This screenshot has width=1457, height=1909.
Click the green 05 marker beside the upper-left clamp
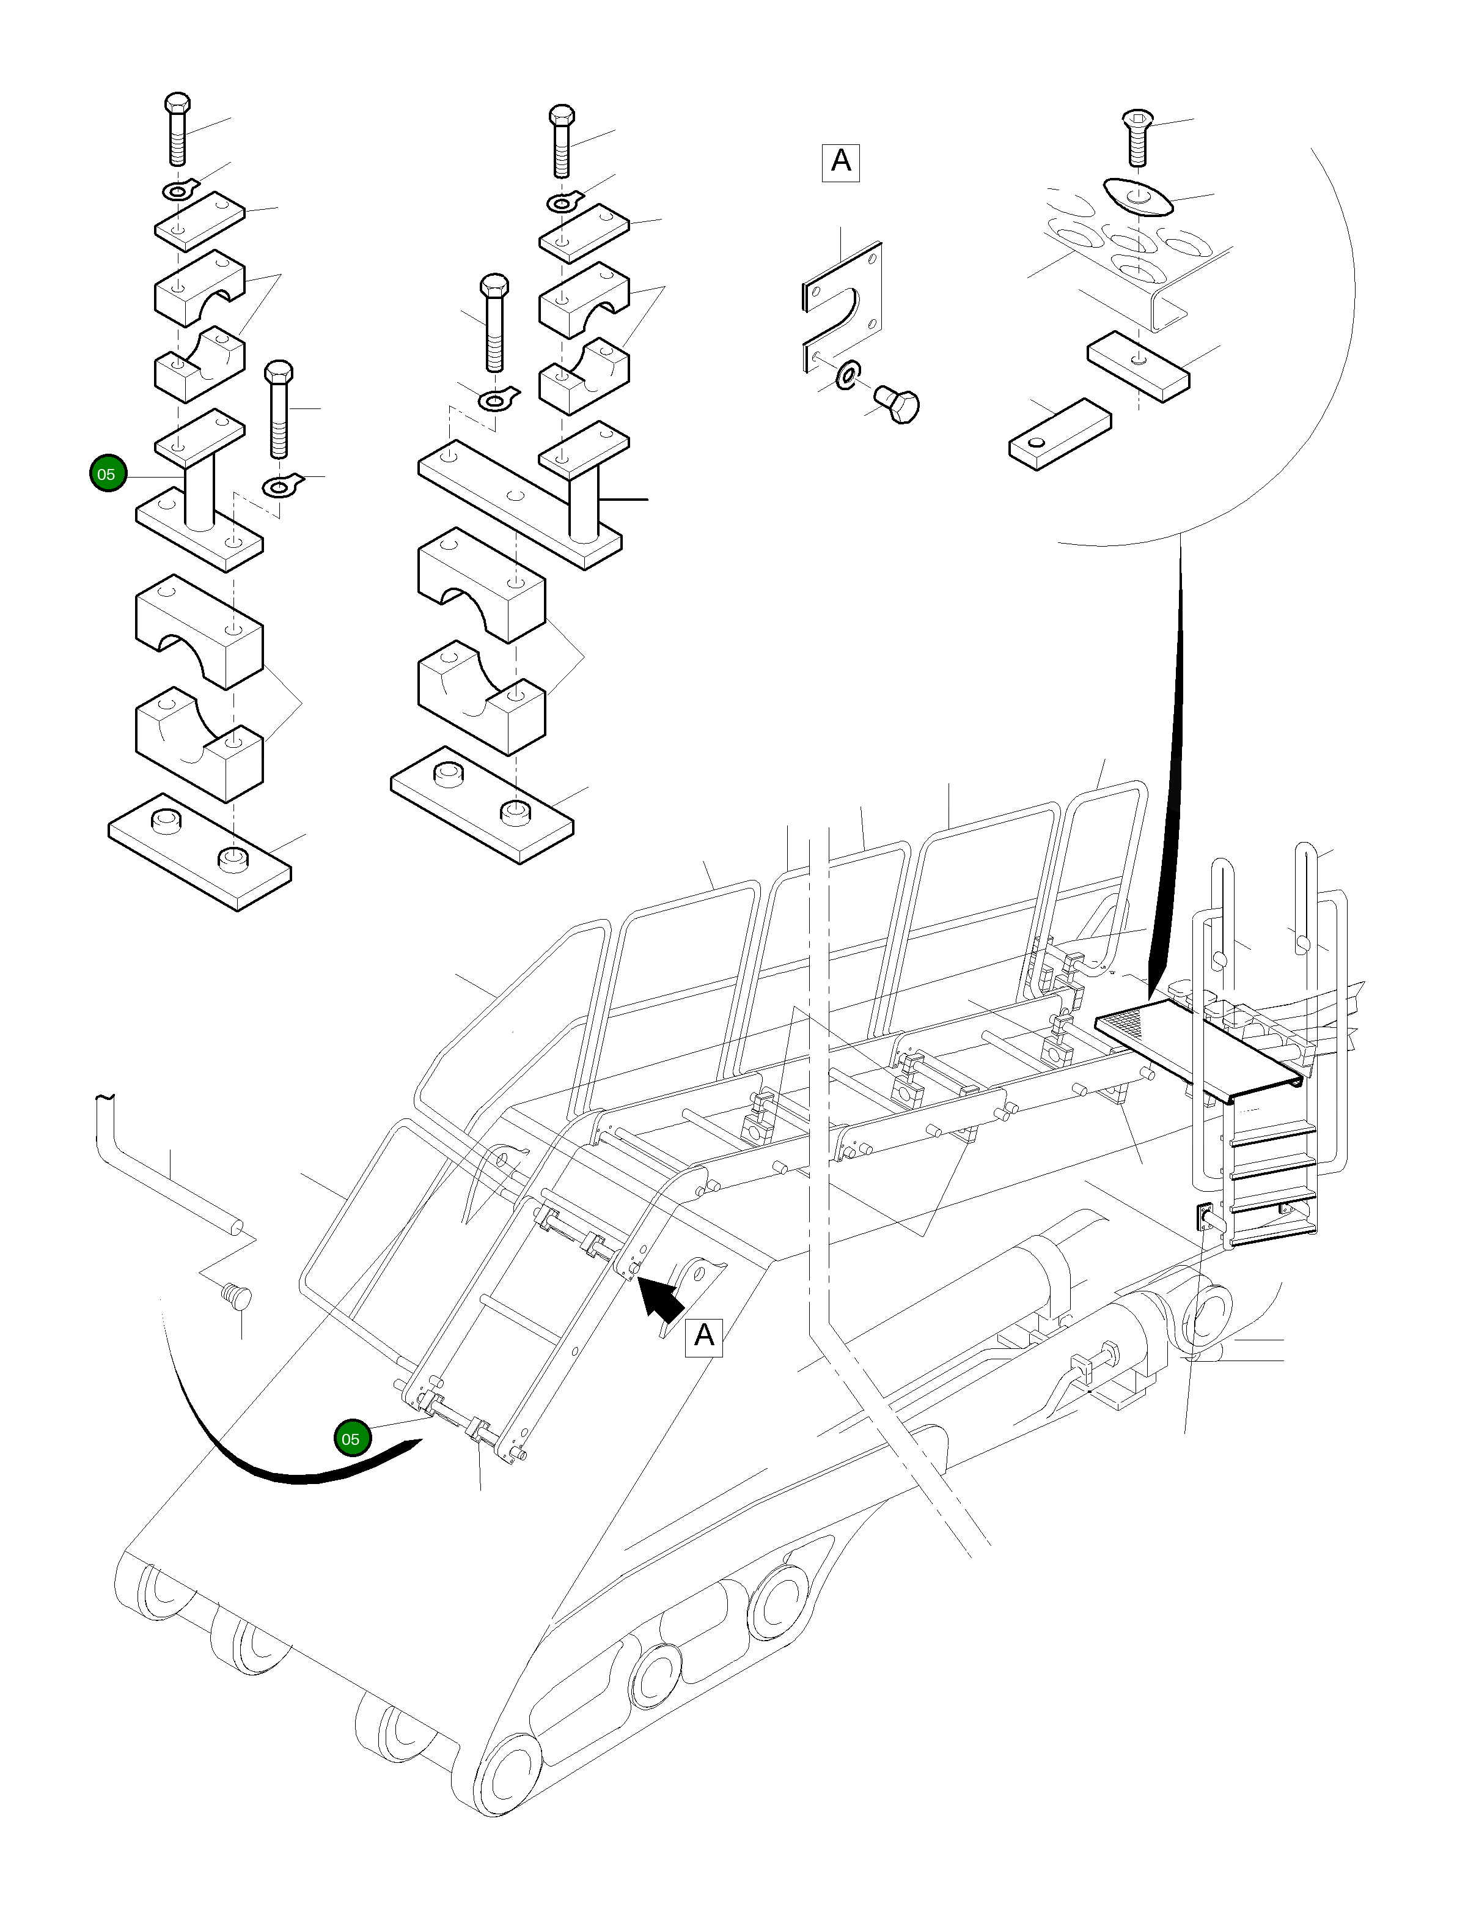(107, 474)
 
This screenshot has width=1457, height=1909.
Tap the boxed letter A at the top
(840, 161)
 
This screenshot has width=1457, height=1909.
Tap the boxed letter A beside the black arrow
(703, 1335)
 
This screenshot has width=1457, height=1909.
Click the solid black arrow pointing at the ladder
(661, 1302)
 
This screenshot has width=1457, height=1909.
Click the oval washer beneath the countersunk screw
(1137, 197)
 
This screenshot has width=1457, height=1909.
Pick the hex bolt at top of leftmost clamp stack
(177, 128)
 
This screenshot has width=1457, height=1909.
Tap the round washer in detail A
(846, 375)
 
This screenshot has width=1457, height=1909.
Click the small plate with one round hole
(1060, 434)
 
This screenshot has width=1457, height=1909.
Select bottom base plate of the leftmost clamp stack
(199, 851)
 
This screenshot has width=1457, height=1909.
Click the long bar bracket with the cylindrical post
(519, 503)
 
